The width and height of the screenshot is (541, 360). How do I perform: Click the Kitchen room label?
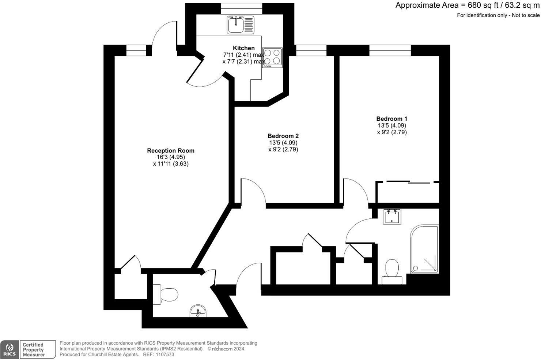click(243, 48)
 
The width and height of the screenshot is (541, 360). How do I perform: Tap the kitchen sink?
click(240, 25)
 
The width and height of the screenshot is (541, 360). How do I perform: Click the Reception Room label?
click(170, 150)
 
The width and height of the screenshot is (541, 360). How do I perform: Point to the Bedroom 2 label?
click(283, 136)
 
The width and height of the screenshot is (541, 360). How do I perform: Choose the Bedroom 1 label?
click(391, 119)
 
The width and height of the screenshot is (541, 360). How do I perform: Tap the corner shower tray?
click(424, 250)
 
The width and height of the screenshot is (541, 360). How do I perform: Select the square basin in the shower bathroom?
click(392, 216)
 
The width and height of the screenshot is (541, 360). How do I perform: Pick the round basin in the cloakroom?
click(198, 311)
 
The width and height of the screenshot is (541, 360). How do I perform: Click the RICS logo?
click(10, 349)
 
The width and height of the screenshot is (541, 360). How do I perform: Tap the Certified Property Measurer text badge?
click(34, 349)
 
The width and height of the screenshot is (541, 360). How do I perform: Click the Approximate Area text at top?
click(467, 5)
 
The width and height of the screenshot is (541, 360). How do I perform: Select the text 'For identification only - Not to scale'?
click(498, 15)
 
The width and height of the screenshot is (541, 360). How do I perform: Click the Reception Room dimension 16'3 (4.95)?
click(171, 157)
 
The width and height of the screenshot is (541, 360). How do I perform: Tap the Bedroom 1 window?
click(390, 50)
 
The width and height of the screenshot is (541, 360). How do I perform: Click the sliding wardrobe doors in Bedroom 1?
click(408, 182)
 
